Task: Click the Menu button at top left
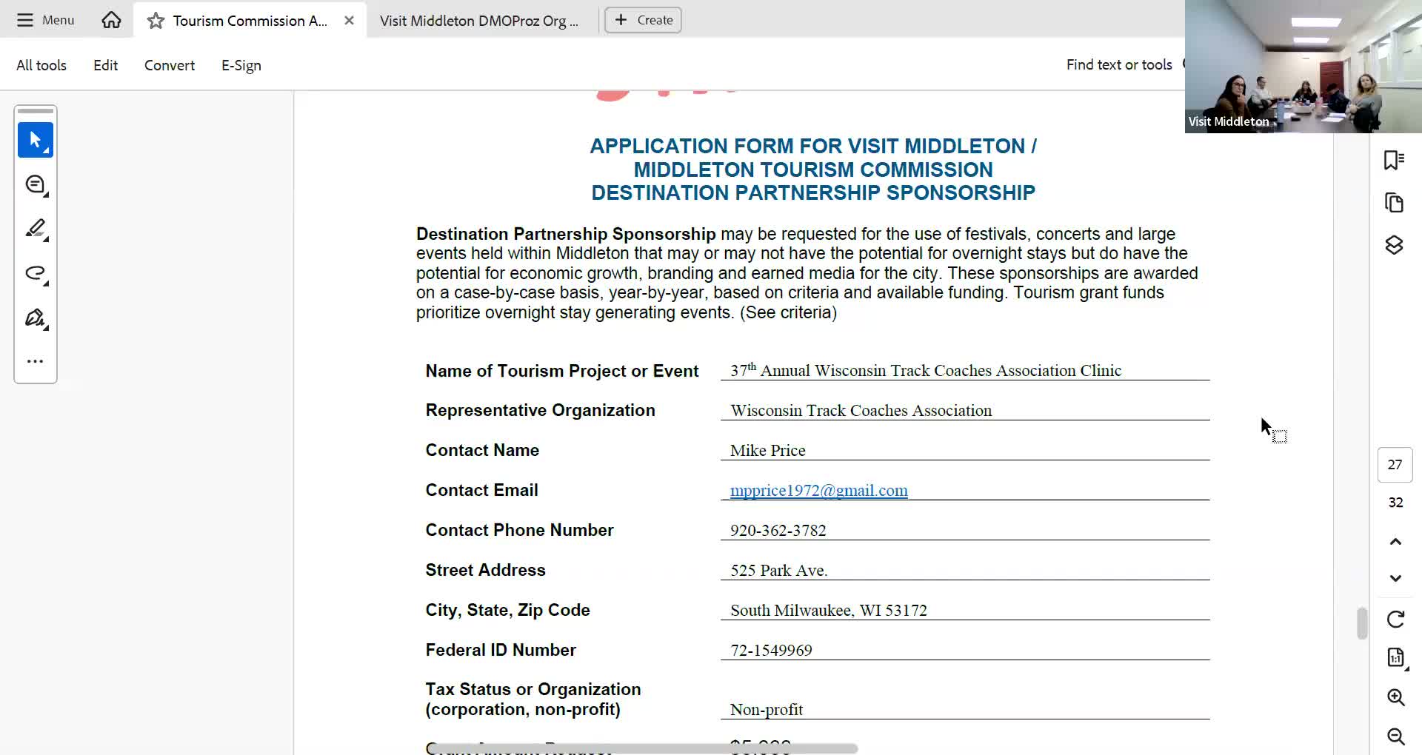(46, 20)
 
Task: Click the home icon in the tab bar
(111, 20)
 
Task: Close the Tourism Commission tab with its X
(349, 21)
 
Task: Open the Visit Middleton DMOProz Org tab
(478, 21)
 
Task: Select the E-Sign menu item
(241, 65)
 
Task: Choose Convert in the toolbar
(169, 65)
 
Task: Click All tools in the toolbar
(41, 65)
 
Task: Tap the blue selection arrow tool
(36, 140)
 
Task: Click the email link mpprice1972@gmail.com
(818, 490)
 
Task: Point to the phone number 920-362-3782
(778, 530)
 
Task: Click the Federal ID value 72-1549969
(771, 650)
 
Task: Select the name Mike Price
(767, 450)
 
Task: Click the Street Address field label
(485, 570)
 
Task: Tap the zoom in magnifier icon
(1395, 697)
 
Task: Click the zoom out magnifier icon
(1395, 736)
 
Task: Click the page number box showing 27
(1395, 465)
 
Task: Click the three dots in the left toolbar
(35, 361)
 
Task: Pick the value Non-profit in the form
(767, 709)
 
